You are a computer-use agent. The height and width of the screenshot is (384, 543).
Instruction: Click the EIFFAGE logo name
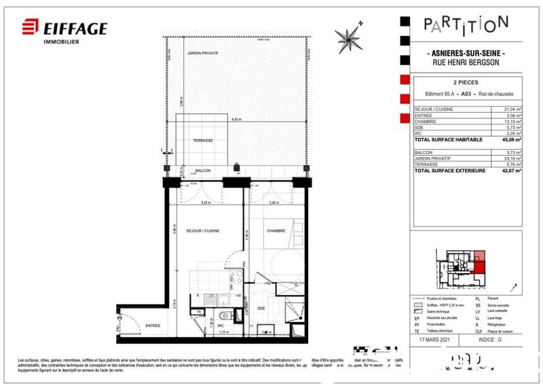coord(75,28)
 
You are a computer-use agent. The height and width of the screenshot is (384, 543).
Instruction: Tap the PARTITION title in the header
coord(466,24)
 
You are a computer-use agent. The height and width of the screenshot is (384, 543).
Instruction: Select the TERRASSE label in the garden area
coord(202,140)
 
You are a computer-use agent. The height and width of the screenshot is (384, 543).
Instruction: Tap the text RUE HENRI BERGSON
coord(465,63)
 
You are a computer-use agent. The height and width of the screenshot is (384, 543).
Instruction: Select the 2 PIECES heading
coord(465,82)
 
